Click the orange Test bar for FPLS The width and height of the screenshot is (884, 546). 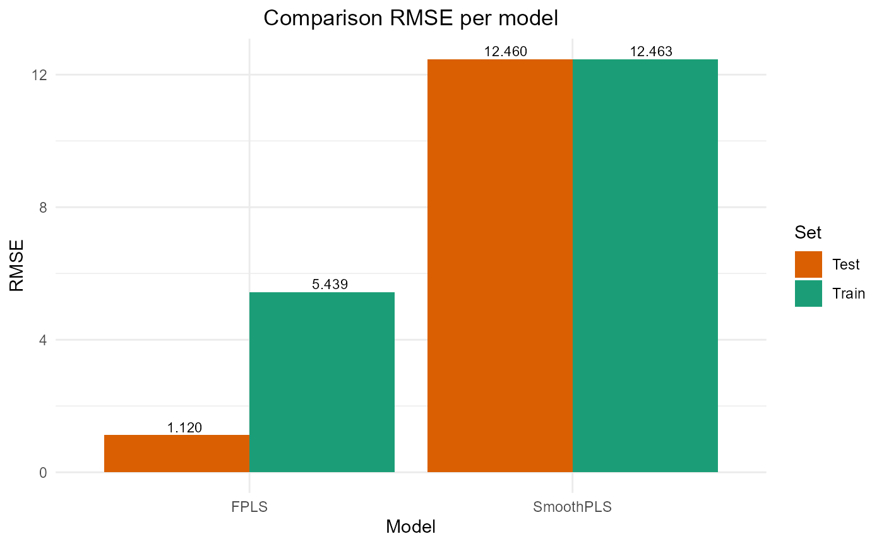177,453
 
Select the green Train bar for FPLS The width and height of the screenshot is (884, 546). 322,382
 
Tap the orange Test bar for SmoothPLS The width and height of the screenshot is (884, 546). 500,265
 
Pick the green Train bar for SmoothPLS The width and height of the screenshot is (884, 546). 645,265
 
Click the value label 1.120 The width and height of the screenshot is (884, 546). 184,427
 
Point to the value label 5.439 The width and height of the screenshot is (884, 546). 330,285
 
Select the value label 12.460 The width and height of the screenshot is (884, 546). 505,52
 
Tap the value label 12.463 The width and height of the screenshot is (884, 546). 651,52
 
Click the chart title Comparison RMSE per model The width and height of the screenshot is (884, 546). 410,18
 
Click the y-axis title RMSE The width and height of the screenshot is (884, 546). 17,265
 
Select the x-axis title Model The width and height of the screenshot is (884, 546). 410,526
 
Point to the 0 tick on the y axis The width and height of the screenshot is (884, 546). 43,473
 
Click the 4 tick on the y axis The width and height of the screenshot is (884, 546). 43,340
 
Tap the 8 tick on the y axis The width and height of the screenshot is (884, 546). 43,208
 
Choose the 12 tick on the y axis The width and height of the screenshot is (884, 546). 40,75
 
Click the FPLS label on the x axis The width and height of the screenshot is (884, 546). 249,507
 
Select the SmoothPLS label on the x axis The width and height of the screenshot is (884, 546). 573,507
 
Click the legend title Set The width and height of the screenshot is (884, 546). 808,232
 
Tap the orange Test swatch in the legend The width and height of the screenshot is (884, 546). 808,264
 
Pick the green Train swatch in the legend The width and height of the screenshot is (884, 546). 808,294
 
